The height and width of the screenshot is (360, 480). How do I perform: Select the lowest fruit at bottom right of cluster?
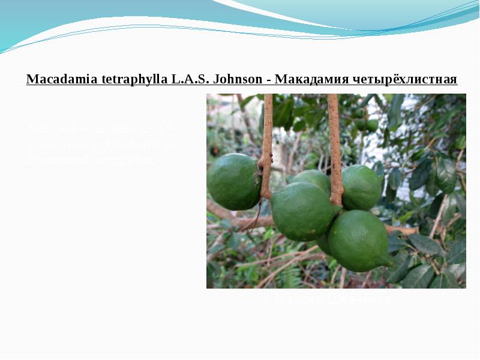[x=358, y=240]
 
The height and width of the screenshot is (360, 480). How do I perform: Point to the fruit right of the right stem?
[x=361, y=187]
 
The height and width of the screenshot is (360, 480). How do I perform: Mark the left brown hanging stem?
[x=267, y=144]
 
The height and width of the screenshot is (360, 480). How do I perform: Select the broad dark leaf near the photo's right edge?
[x=445, y=173]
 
